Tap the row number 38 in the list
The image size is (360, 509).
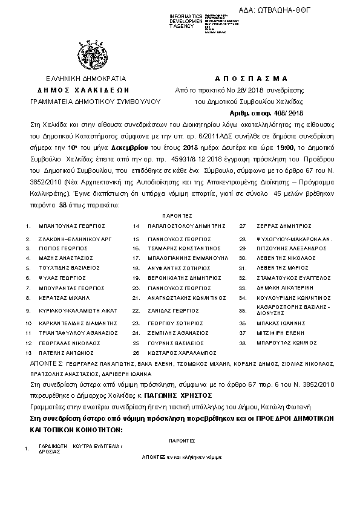[x=243, y=343]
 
